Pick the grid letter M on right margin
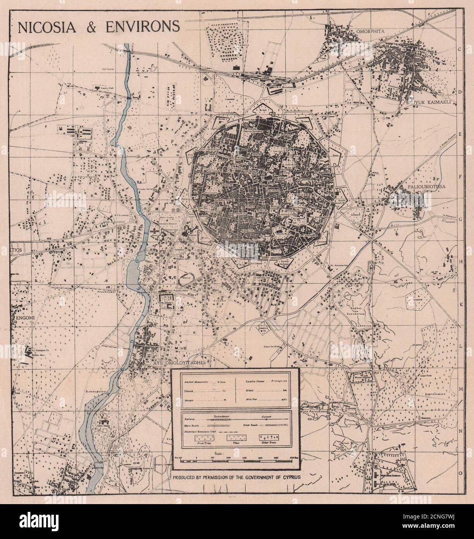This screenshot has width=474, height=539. (x=460, y=388)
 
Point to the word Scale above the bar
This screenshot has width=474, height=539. (x=219, y=453)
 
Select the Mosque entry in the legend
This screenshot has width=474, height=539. (x=190, y=399)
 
